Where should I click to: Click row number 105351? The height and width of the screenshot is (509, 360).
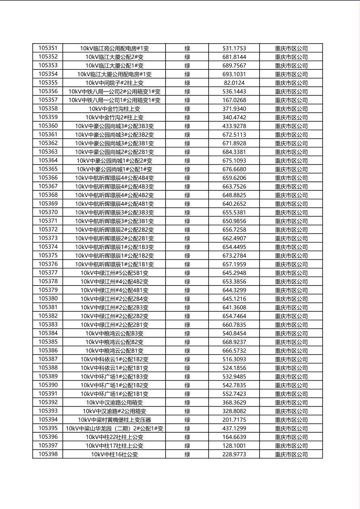pos(48,48)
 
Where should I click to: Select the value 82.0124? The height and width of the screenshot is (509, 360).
pos(234,83)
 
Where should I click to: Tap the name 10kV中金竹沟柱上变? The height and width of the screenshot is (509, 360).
pos(114,109)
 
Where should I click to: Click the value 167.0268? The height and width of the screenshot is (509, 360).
pos(234,100)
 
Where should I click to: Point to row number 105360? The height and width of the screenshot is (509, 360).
pos(48,126)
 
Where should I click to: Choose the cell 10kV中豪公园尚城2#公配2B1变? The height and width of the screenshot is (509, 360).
pos(114,152)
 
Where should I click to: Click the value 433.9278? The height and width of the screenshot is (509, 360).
pos(234,126)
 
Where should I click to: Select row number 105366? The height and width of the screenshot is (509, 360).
pos(48,178)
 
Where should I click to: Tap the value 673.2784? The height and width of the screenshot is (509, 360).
pos(234,256)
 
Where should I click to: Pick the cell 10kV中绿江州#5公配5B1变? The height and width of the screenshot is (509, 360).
pos(114,273)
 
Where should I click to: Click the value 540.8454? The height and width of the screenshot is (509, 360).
pos(234,334)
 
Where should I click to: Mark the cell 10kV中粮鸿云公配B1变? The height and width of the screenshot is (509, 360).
pos(114,351)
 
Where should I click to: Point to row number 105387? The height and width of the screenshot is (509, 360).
pos(48,359)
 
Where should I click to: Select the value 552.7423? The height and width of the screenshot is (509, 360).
pos(234,394)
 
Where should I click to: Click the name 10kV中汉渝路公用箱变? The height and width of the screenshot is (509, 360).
pos(114,403)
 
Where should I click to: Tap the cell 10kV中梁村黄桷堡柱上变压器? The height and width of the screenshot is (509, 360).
pos(114,420)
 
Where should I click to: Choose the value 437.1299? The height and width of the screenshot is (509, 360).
pos(234,429)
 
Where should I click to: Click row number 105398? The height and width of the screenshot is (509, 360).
pos(48,454)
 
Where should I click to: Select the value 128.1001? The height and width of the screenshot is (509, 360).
pos(234,446)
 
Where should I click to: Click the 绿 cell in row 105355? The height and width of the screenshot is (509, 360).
pos(187,83)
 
